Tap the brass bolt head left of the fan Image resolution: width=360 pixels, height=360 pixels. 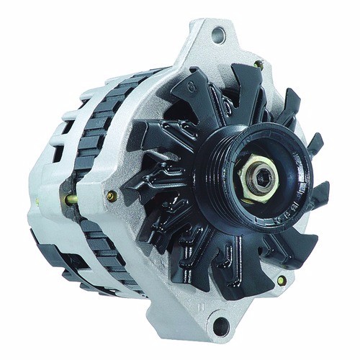pyautogui.click(x=110, y=195)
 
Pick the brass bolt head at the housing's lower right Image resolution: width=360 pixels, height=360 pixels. pyautogui.click(x=281, y=280)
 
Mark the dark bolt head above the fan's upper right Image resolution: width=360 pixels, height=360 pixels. pyautogui.click(x=258, y=66)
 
